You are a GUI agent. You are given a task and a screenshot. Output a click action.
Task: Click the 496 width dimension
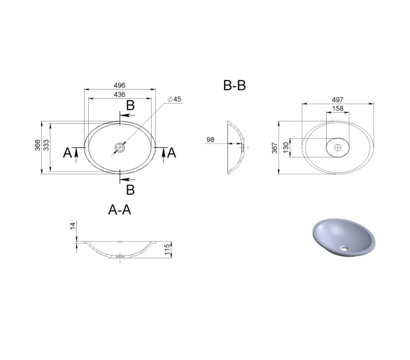[x=120, y=85]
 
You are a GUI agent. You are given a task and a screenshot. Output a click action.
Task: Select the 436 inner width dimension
[x=120, y=95]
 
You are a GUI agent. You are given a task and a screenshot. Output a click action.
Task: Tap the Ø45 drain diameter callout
[x=174, y=99]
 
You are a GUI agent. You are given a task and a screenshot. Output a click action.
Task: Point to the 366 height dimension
[x=38, y=145]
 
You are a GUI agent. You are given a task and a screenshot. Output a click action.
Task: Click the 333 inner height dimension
[x=46, y=145]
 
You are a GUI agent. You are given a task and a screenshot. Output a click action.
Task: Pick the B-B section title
[x=234, y=85]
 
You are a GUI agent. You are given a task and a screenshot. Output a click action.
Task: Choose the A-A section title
[x=120, y=209]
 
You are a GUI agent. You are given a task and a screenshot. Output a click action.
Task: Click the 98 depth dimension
[x=211, y=140]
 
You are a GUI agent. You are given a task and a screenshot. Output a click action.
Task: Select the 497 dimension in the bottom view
[x=337, y=99]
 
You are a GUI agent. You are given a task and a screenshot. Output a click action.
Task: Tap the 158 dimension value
[x=337, y=109]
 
